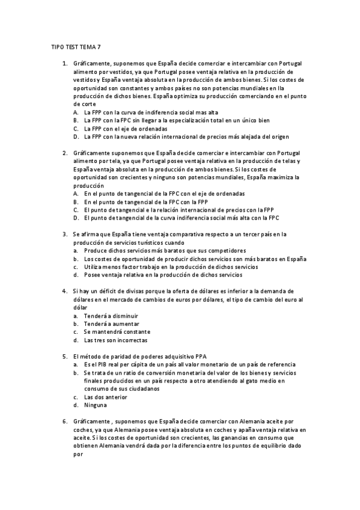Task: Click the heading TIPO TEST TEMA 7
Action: click(76, 46)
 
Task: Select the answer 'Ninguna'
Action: click(96, 405)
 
